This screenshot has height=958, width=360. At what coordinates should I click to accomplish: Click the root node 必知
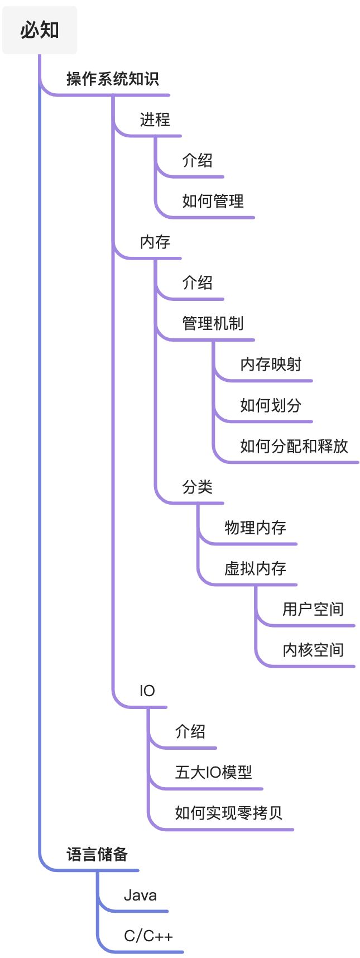click(40, 30)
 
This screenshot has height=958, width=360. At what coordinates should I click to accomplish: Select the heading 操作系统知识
click(113, 79)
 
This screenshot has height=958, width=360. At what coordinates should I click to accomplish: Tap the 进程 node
click(155, 119)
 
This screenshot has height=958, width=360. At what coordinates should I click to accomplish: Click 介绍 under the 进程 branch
click(197, 160)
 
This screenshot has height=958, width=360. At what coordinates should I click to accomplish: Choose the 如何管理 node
click(213, 201)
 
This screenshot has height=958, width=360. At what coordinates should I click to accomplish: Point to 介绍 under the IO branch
click(190, 731)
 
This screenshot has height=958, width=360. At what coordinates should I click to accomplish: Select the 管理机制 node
click(213, 323)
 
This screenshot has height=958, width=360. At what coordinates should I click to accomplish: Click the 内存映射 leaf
click(271, 364)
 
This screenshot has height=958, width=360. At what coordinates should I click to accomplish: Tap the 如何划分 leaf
click(271, 405)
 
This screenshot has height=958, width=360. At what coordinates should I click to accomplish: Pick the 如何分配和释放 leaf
click(294, 446)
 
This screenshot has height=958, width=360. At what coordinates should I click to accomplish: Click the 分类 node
click(197, 487)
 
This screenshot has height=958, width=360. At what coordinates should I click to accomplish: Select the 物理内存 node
click(255, 528)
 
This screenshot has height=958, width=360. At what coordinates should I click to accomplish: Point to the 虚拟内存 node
click(255, 568)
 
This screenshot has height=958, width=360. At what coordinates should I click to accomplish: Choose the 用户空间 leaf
click(313, 609)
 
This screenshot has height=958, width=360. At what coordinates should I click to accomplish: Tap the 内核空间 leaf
click(313, 650)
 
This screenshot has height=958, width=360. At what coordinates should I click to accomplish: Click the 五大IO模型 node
click(213, 772)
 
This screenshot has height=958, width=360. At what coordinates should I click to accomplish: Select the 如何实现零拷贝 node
click(229, 813)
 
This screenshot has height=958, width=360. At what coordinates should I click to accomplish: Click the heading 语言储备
click(97, 854)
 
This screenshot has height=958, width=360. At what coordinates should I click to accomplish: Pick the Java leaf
click(140, 895)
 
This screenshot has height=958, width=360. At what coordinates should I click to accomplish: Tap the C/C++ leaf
click(148, 936)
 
